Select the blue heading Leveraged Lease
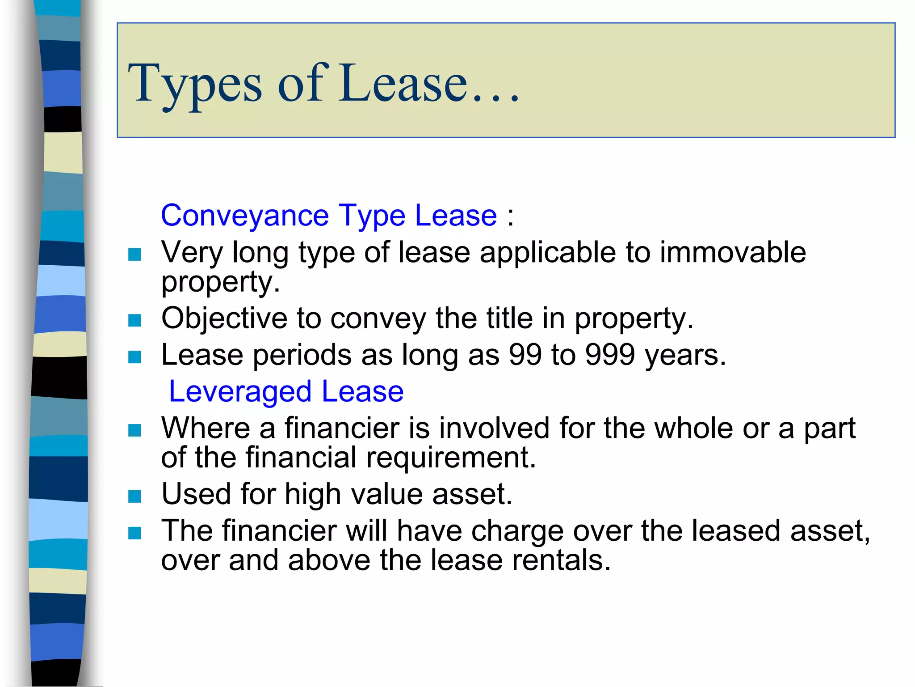click(286, 392)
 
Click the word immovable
click(733, 252)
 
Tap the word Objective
click(224, 318)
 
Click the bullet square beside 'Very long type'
click(134, 254)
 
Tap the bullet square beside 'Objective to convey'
click(134, 320)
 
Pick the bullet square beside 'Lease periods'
click(134, 357)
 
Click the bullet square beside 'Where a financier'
click(134, 430)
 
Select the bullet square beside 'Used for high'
click(134, 496)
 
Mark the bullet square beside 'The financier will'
click(134, 533)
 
